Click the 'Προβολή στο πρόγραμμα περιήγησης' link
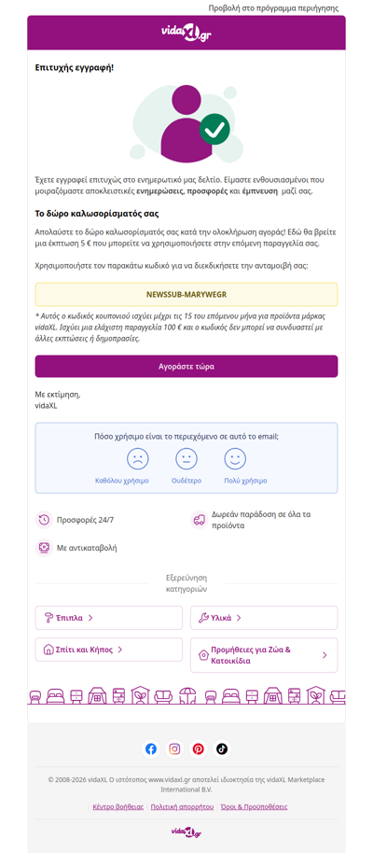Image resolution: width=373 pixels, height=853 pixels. point(272,7)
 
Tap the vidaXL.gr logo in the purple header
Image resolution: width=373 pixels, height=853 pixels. point(186,33)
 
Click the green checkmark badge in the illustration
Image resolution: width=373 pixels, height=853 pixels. point(214,129)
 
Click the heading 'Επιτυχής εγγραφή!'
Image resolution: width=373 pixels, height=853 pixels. point(75,68)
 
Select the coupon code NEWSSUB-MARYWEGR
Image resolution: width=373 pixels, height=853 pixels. point(186,295)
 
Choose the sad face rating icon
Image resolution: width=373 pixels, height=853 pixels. point(138,459)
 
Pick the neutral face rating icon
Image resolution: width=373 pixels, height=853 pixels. point(186,459)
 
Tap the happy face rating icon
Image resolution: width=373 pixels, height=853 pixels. point(235,459)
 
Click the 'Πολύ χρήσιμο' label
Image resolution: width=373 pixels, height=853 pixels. point(245,481)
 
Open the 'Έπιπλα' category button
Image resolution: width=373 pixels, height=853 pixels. point(109,618)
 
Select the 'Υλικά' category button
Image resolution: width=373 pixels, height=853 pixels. point(264,618)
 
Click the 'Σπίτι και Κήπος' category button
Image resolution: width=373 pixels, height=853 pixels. point(109,650)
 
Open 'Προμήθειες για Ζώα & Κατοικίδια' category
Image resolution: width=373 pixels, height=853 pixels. point(264,655)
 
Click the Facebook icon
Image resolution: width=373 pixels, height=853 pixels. point(151,748)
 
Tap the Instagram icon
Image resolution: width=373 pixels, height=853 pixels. point(174,748)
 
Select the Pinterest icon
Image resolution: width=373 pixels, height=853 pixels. point(198,748)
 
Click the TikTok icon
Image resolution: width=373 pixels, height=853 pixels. point(222,748)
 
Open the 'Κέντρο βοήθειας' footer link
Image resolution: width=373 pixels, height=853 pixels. point(118,806)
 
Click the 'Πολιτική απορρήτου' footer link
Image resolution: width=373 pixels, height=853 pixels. point(182,806)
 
